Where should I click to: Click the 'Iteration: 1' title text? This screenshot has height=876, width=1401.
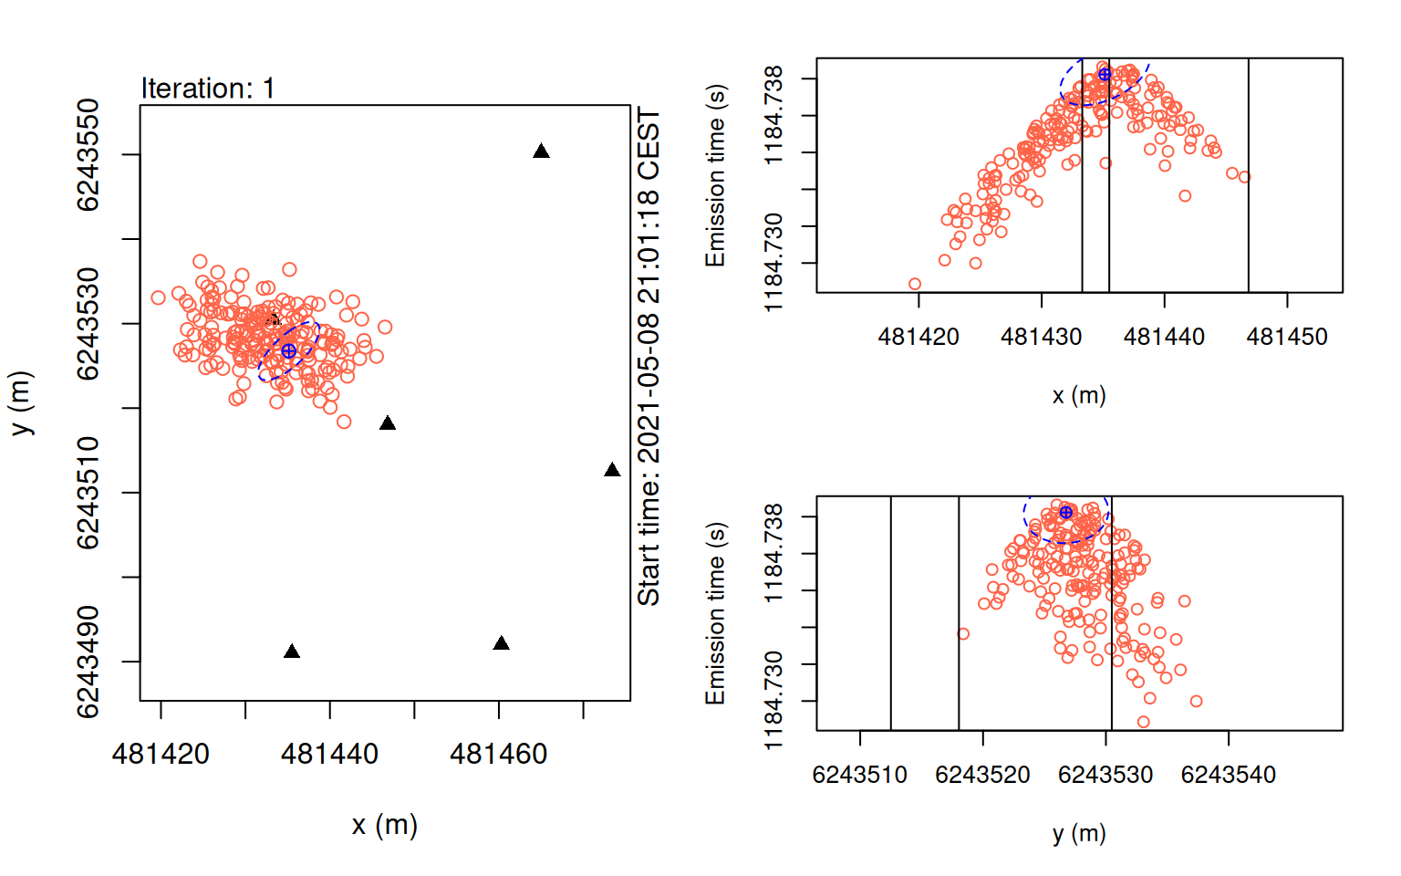[207, 89]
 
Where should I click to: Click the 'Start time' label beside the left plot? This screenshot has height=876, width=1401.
[649, 356]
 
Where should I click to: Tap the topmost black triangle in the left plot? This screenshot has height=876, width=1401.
[541, 151]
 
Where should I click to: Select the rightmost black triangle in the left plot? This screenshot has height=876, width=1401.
[612, 471]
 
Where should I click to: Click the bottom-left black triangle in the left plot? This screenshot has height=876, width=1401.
[292, 652]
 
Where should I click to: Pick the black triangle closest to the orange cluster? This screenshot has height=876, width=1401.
[388, 423]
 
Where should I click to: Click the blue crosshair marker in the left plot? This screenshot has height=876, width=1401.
[289, 351]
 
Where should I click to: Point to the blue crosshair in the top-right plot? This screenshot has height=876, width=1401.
[1105, 74]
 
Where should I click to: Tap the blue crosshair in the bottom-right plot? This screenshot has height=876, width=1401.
[1065, 513]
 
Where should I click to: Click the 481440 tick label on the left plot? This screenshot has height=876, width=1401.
[329, 755]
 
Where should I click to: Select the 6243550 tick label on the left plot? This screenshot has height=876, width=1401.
[88, 155]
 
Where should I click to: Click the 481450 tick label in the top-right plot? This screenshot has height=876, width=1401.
[1287, 338]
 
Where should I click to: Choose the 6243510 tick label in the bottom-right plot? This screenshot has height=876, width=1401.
[859, 776]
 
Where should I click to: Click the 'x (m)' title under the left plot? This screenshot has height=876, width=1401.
[384, 825]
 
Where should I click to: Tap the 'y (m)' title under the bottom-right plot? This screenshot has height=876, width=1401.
[1078, 833]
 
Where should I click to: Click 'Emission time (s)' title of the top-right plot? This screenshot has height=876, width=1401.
[715, 175]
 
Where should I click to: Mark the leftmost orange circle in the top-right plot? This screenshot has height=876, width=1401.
[915, 284]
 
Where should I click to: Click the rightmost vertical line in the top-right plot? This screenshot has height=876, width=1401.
[1248, 175]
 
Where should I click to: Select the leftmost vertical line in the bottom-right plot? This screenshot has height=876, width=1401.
[890, 613]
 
